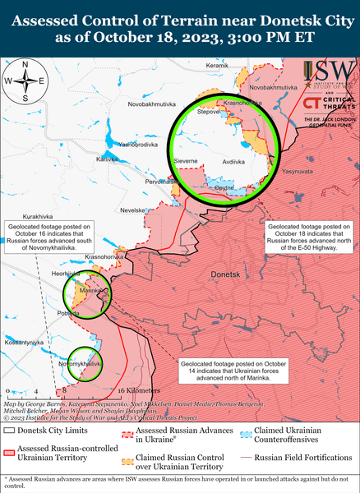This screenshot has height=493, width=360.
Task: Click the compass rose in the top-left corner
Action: (25, 81)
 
